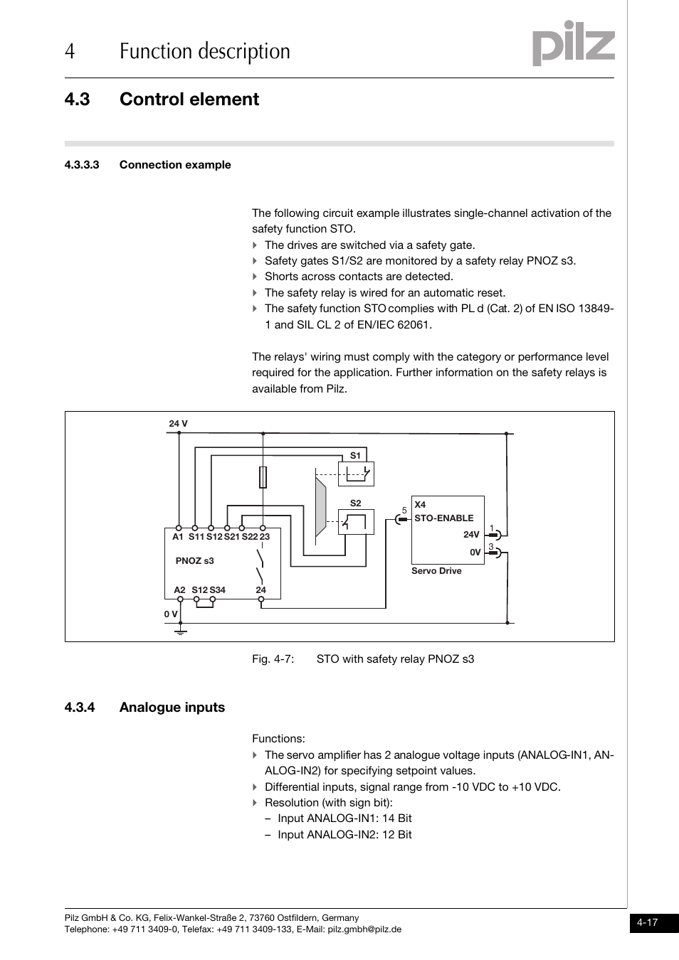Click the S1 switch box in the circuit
(x=356, y=474)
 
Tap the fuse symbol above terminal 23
(x=263, y=477)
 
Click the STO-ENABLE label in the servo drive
(x=443, y=518)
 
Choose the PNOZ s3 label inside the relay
(x=194, y=561)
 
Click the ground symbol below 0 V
(x=180, y=629)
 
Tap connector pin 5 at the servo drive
(x=399, y=519)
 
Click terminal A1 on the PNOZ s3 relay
(x=178, y=537)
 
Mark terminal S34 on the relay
(x=217, y=590)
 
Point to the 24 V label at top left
(x=178, y=424)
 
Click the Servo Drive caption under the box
(x=436, y=571)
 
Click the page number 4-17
(x=647, y=923)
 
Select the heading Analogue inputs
(x=172, y=707)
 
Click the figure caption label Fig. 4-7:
(x=273, y=659)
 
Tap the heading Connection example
(x=175, y=165)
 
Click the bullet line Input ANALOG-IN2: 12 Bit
(x=344, y=835)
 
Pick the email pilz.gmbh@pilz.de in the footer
(x=364, y=929)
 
